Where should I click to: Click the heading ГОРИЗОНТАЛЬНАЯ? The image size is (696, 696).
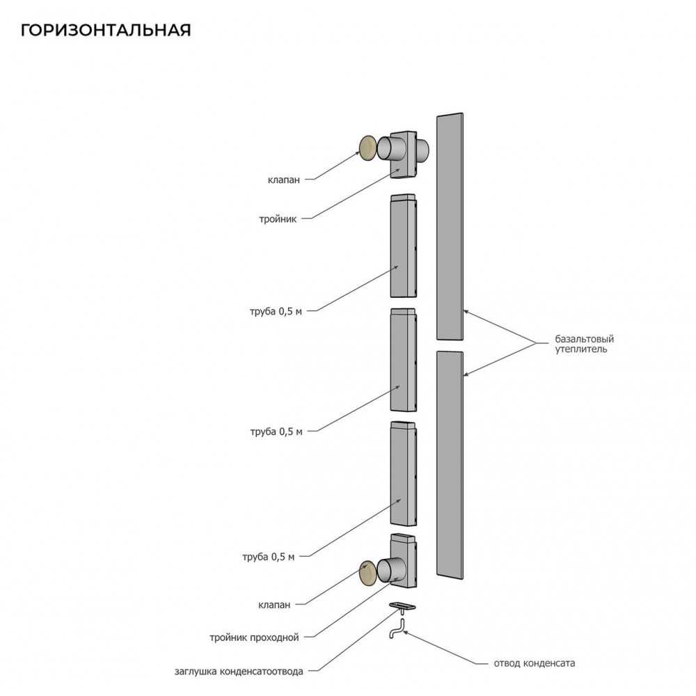click(106, 30)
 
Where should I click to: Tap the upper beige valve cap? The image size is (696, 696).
click(368, 148)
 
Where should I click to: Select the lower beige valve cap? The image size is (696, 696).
click(368, 574)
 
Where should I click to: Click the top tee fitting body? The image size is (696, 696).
click(404, 155)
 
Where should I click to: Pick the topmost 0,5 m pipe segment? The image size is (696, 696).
click(404, 246)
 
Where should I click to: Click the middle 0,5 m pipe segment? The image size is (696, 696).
click(404, 360)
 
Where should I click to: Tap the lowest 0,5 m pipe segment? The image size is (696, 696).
click(404, 473)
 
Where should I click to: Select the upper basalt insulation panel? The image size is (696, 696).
click(450, 226)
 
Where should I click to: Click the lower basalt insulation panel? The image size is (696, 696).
click(450, 465)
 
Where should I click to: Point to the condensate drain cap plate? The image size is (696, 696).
click(402, 606)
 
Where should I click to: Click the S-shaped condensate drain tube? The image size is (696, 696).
click(397, 628)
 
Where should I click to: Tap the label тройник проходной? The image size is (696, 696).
click(254, 638)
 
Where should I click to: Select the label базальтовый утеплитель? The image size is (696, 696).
click(584, 344)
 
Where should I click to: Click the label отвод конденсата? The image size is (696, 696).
click(535, 663)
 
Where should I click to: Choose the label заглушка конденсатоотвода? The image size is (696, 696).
click(239, 671)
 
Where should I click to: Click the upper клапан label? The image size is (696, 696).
click(284, 180)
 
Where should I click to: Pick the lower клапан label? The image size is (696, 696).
click(274, 605)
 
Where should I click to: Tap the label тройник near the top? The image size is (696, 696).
click(278, 219)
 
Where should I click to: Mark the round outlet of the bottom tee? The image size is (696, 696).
click(391, 570)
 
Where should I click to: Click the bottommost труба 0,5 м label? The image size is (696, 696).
click(268, 557)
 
